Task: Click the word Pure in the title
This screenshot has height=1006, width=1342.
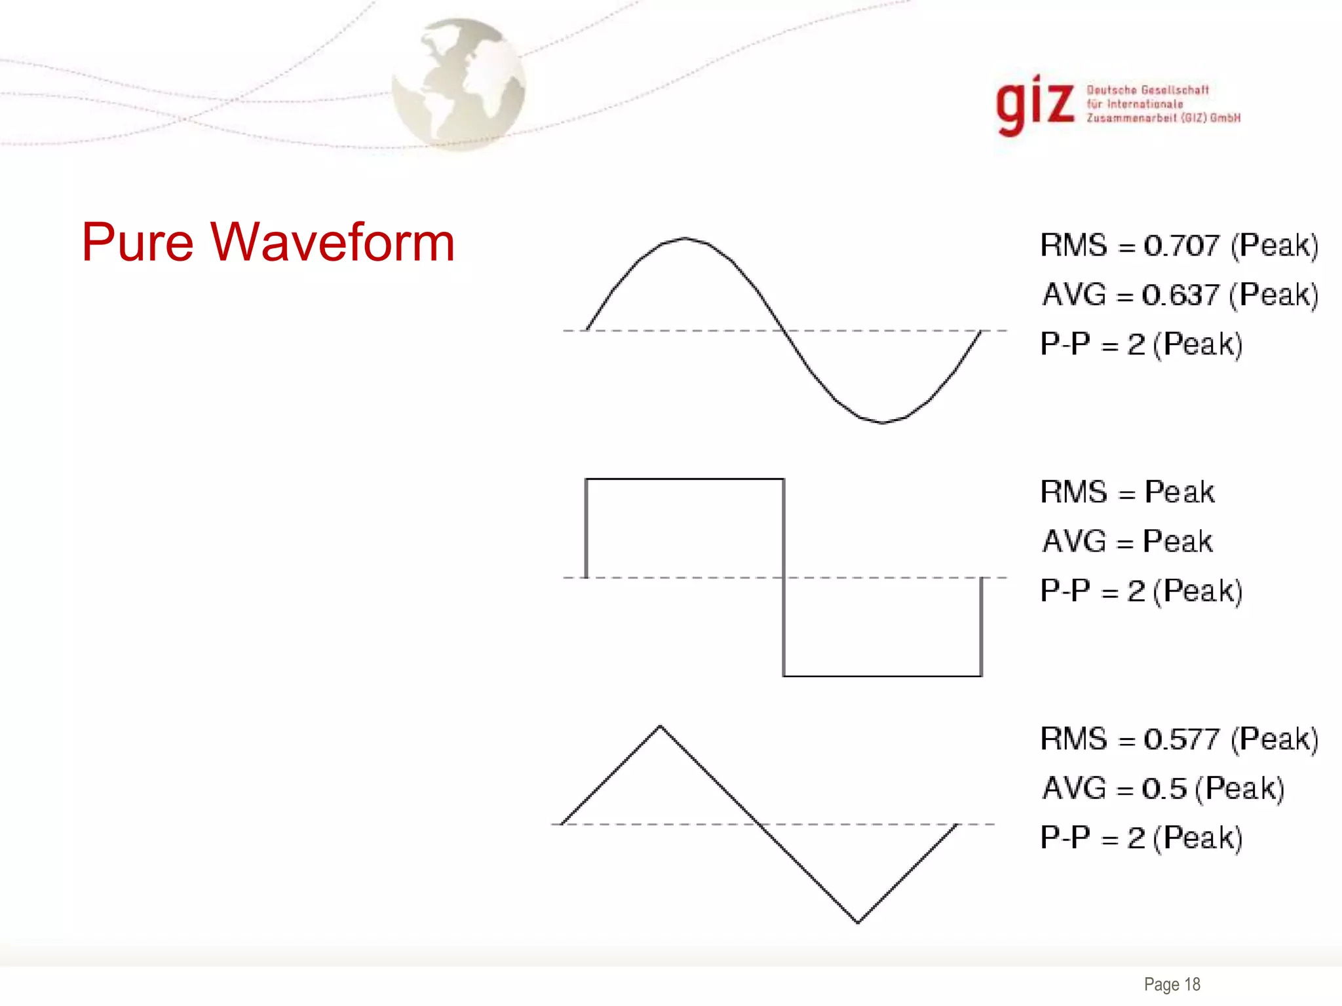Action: pyautogui.click(x=138, y=242)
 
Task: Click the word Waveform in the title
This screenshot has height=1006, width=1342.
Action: pyautogui.click(x=332, y=242)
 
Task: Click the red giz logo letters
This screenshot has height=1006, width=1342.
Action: pyautogui.click(x=1035, y=105)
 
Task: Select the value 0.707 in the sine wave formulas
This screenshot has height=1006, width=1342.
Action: pyautogui.click(x=1181, y=246)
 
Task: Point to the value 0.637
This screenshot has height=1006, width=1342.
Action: pyautogui.click(x=1180, y=295)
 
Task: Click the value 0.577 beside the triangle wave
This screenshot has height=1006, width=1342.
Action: pyautogui.click(x=1181, y=739)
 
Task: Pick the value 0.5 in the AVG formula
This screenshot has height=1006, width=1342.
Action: pyautogui.click(x=1164, y=789)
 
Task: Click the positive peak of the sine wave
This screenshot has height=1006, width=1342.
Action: pyautogui.click(x=685, y=238)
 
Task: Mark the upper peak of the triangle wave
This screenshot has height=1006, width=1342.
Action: pyautogui.click(x=660, y=726)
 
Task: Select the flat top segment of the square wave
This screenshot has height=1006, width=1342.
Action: pyautogui.click(x=685, y=479)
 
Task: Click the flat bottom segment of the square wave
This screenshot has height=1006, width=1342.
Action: pyautogui.click(x=882, y=675)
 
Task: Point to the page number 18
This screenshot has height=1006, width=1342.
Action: pyautogui.click(x=1192, y=984)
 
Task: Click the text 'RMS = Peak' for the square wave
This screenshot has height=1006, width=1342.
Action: pyautogui.click(x=1127, y=493)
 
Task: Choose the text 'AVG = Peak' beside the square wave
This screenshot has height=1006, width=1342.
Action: pyautogui.click(x=1127, y=542)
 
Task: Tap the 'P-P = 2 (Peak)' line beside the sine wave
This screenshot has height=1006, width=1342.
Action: pyautogui.click(x=1141, y=345)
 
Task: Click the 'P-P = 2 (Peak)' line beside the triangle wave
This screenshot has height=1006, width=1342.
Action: pyautogui.click(x=1141, y=838)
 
